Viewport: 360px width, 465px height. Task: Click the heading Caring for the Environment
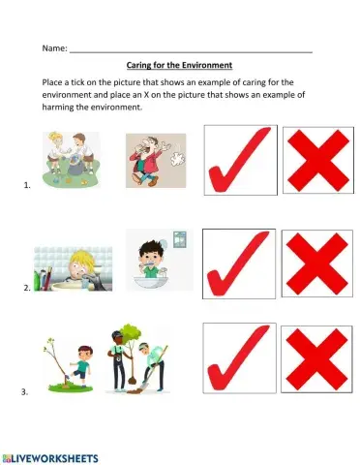[180, 65]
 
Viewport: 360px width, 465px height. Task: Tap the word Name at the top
[53, 46]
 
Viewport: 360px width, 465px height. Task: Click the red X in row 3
[315, 360]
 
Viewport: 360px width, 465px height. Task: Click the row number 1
[25, 182]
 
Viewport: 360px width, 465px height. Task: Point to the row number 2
[25, 289]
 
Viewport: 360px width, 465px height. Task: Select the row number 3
[25, 391]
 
